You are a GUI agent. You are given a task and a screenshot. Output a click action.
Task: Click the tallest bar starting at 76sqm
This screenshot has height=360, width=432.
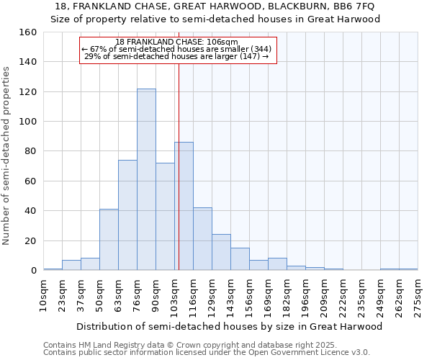click(146, 180)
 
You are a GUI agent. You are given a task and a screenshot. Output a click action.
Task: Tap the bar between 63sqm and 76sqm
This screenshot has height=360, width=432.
click(127, 215)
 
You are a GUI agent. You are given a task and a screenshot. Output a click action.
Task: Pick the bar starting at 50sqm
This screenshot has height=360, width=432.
click(109, 240)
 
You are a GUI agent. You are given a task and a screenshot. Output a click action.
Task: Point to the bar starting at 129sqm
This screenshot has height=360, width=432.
click(221, 253)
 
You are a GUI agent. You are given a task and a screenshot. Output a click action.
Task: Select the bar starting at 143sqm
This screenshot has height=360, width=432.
click(240, 259)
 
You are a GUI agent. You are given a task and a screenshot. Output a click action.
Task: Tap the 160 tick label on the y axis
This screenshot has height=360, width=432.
click(28, 32)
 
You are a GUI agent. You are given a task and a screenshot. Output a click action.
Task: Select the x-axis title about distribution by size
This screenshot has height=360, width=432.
click(229, 326)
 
